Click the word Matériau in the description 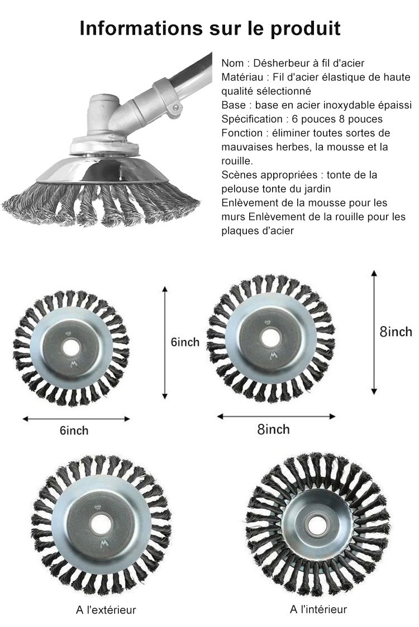(242, 77)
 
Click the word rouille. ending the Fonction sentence (237, 161)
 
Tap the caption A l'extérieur (106, 610)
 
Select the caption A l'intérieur (318, 609)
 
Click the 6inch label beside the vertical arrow (185, 342)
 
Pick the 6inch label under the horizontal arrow (74, 430)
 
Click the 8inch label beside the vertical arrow (396, 332)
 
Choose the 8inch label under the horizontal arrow (273, 429)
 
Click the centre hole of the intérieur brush (317, 523)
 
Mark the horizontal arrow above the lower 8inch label (276, 417)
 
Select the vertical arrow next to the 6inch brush (164, 343)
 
